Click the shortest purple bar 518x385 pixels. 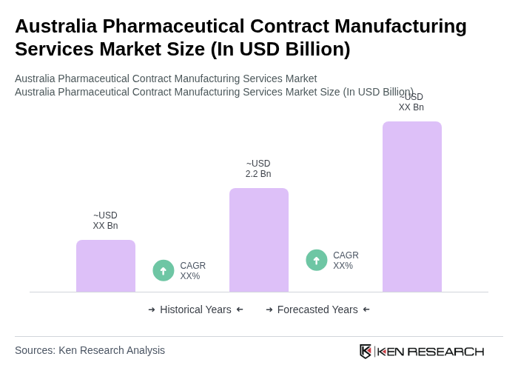(x=105, y=266)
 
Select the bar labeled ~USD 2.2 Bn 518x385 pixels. (x=258, y=240)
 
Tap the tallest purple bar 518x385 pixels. (x=411, y=207)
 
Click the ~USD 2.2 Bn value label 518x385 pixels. (x=258, y=169)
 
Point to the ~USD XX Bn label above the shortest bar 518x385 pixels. (x=105, y=221)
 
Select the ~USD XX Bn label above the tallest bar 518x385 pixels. (x=411, y=102)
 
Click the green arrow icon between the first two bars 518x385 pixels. (x=164, y=271)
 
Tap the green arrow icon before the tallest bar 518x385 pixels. (x=317, y=261)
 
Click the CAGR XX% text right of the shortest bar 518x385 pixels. (x=192, y=271)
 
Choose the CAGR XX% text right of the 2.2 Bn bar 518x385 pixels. (x=346, y=261)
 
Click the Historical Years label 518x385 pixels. (x=195, y=309)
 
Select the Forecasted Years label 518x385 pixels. (x=317, y=309)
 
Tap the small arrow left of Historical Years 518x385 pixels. (x=152, y=309)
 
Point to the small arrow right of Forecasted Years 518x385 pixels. (x=366, y=309)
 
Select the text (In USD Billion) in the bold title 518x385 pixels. (x=280, y=49)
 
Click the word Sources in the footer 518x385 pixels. (x=34, y=350)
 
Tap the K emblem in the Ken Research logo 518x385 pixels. (x=366, y=351)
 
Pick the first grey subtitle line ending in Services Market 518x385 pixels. (x=166, y=78)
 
